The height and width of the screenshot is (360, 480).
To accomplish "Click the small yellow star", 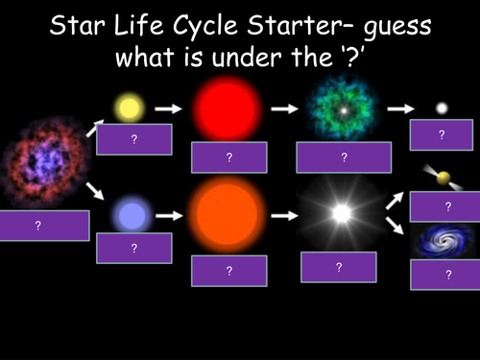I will [129, 108].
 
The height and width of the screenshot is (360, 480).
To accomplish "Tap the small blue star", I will [129, 214].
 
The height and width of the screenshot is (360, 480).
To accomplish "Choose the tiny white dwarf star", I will [442, 108].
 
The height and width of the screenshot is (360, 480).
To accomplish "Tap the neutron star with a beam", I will [444, 177].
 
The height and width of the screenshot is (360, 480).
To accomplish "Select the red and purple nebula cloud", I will [38, 163].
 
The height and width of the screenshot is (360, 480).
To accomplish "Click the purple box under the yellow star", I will [134, 139].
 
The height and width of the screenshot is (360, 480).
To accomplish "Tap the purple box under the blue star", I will [134, 248].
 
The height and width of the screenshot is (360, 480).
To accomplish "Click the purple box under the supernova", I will [336, 267].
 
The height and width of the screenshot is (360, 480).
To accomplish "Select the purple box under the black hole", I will [446, 275].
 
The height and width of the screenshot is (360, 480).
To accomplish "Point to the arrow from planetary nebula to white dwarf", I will [395, 109].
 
